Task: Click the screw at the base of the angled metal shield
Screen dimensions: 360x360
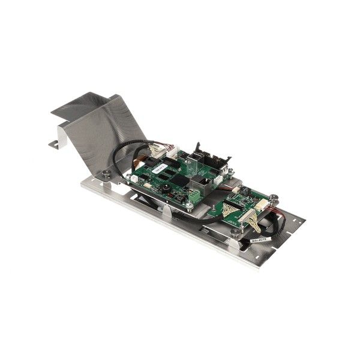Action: tap(106, 173)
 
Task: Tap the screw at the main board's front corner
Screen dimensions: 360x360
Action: tap(189, 206)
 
